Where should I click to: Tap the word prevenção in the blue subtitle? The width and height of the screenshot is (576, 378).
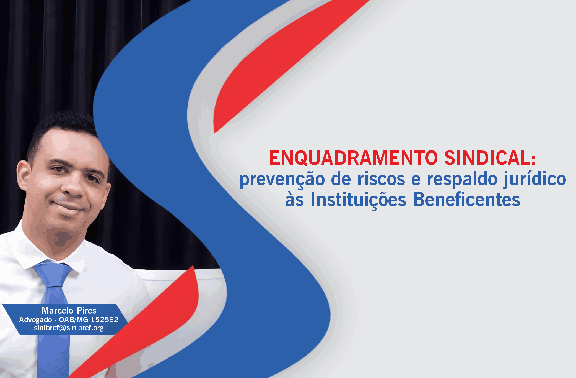282,180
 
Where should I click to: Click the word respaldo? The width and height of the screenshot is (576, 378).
462,180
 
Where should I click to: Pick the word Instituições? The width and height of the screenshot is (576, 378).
358,200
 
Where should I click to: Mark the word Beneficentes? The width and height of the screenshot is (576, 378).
466,200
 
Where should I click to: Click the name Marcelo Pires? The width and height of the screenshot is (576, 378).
69,310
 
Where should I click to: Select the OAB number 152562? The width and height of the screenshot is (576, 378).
105,320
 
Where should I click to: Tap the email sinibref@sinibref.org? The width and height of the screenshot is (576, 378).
69,328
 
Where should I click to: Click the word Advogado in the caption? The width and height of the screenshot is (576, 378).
35,320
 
